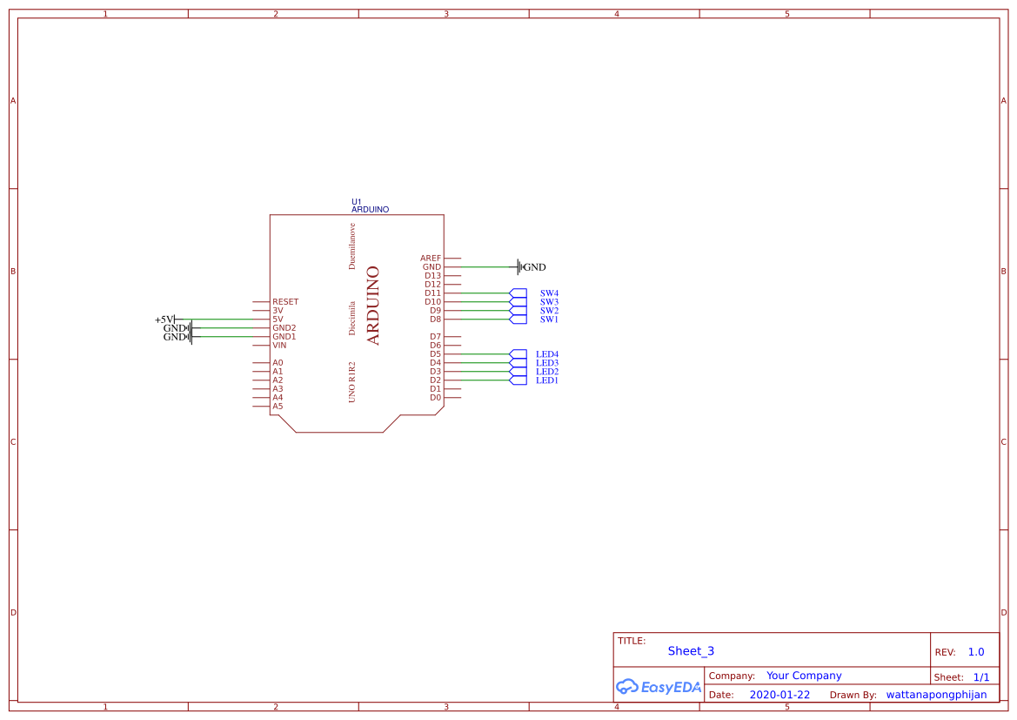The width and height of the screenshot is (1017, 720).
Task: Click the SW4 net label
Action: pos(549,293)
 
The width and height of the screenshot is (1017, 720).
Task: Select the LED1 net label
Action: pos(547,380)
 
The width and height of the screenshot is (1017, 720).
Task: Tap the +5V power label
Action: pos(165,320)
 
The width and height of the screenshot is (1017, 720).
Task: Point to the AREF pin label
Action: pos(431,259)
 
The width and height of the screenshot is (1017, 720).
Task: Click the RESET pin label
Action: pos(285,302)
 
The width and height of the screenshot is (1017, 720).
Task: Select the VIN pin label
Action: pos(279,346)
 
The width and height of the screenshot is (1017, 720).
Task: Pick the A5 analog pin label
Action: pos(278,407)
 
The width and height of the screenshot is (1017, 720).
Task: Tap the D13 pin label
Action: pos(432,276)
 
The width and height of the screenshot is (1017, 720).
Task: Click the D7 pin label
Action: pos(435,337)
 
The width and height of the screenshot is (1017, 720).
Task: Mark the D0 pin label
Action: pos(435,398)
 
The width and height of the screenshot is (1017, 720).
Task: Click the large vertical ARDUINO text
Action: pos(374,306)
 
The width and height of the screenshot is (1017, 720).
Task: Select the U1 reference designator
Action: pos(356,202)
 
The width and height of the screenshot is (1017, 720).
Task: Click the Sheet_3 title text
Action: pos(691,651)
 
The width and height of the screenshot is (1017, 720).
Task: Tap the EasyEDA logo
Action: pos(659,687)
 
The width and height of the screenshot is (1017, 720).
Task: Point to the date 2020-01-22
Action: pos(779,695)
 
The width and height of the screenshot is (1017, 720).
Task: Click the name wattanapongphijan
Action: pos(936,695)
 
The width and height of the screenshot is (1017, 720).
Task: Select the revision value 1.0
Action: pos(976,652)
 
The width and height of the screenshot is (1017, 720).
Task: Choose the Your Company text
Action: pos(804,676)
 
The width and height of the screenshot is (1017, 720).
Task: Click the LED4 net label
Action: pos(547,354)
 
